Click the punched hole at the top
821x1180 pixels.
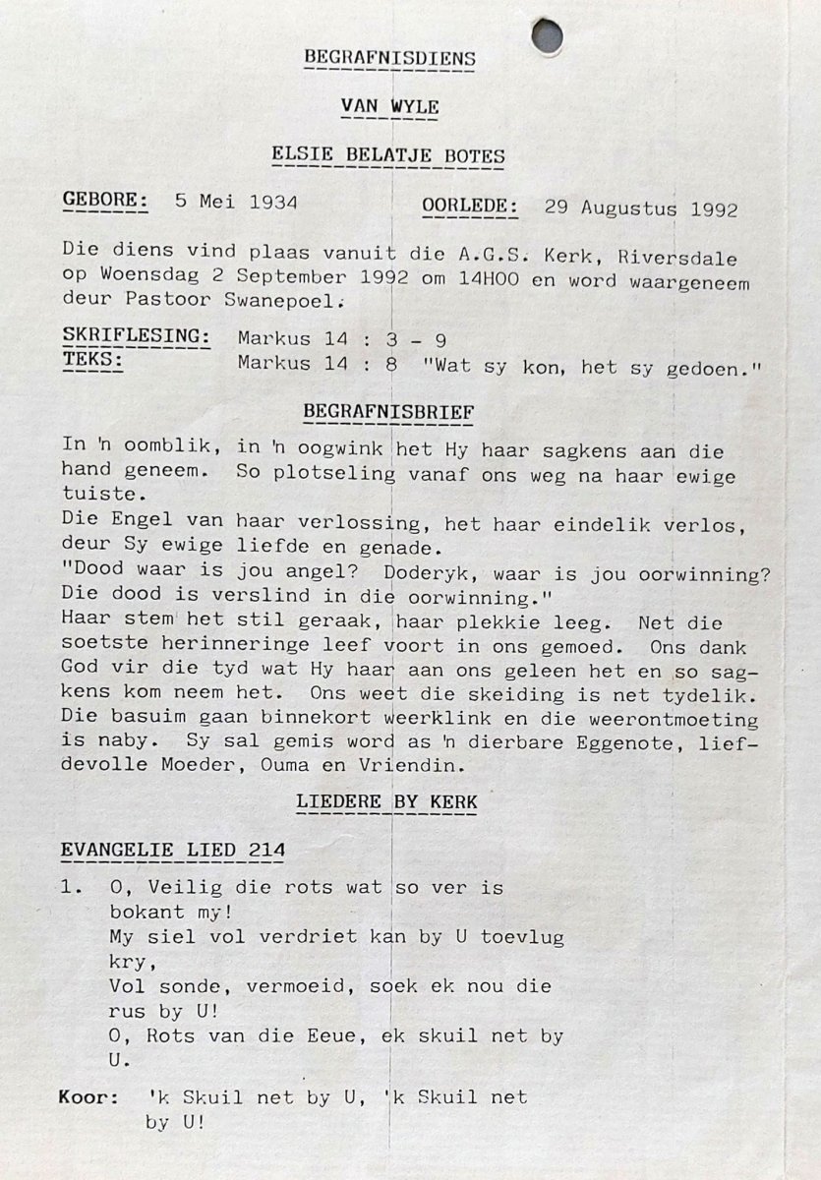click(x=548, y=36)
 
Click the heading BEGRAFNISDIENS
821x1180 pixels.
click(x=389, y=59)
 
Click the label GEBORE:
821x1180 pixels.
click(x=105, y=202)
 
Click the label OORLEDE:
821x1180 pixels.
click(x=470, y=206)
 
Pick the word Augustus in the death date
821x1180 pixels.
click(x=629, y=208)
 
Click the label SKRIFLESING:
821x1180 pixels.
click(x=137, y=337)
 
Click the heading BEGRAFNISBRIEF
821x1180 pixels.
click(x=387, y=410)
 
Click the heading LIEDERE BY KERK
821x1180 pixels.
click(x=386, y=802)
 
